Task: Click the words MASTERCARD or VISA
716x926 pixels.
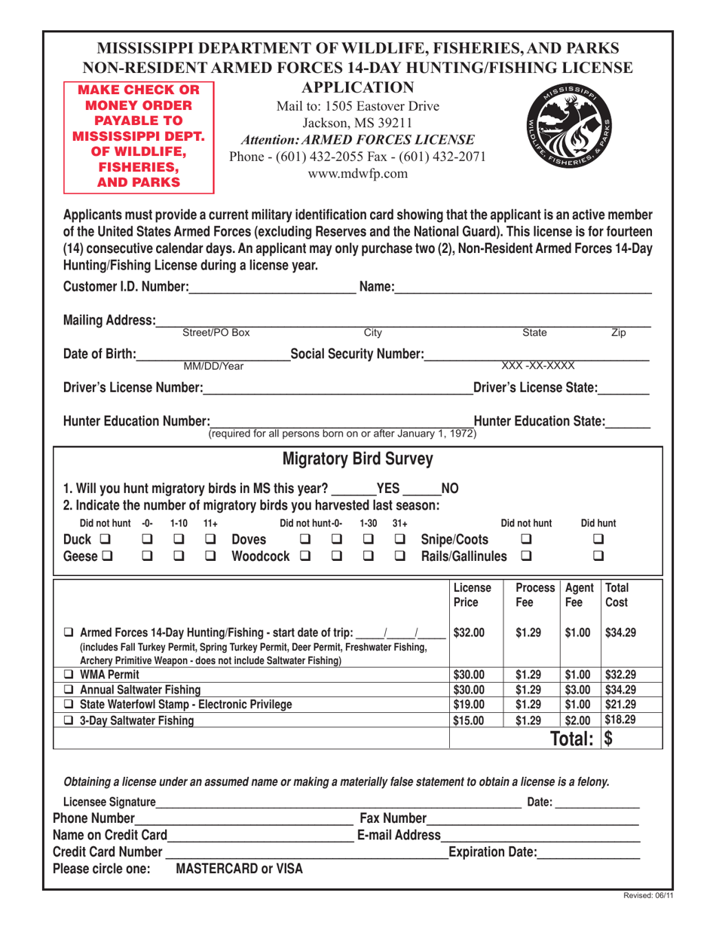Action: point(239,870)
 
